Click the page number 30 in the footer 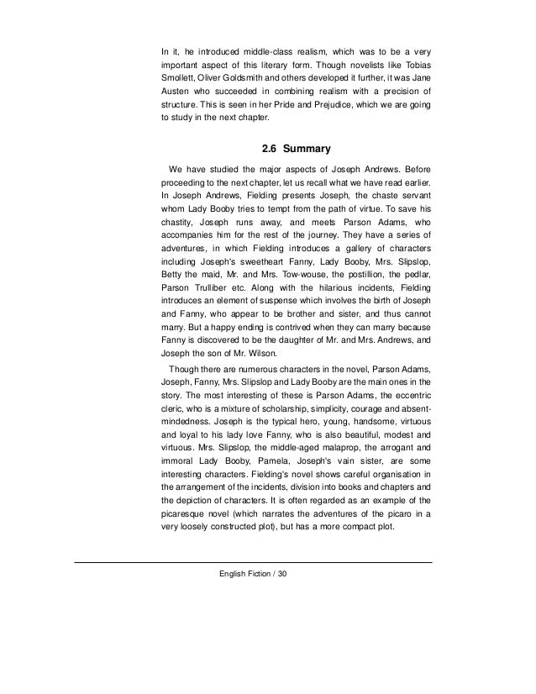coord(281,574)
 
